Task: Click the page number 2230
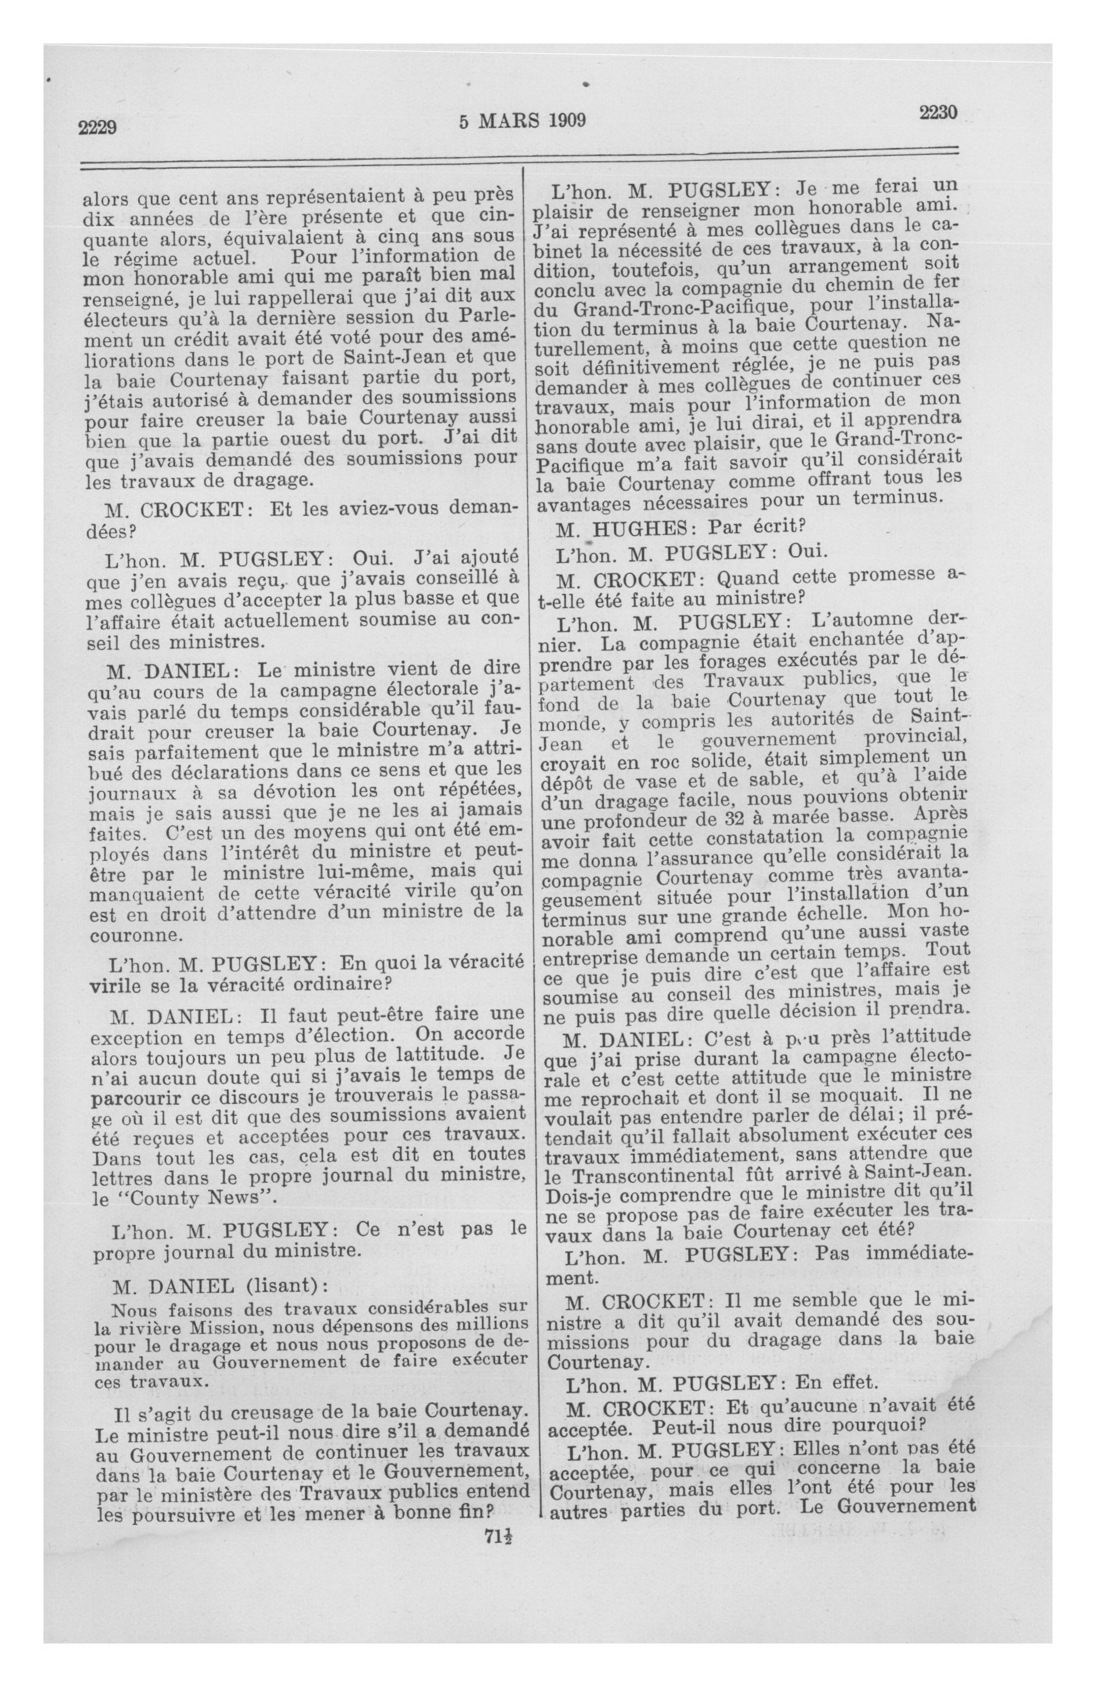(938, 113)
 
